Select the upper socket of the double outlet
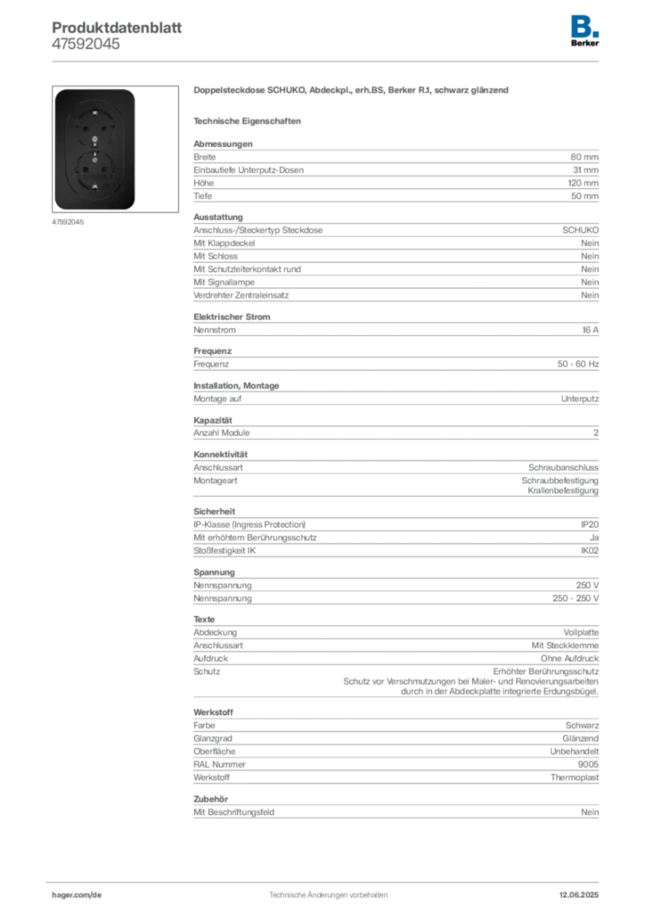coord(94,127)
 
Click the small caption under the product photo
coord(68,223)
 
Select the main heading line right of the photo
coord(353,92)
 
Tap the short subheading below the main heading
coord(249,119)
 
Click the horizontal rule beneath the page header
coord(328,61)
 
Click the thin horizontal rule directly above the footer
coord(328,879)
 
